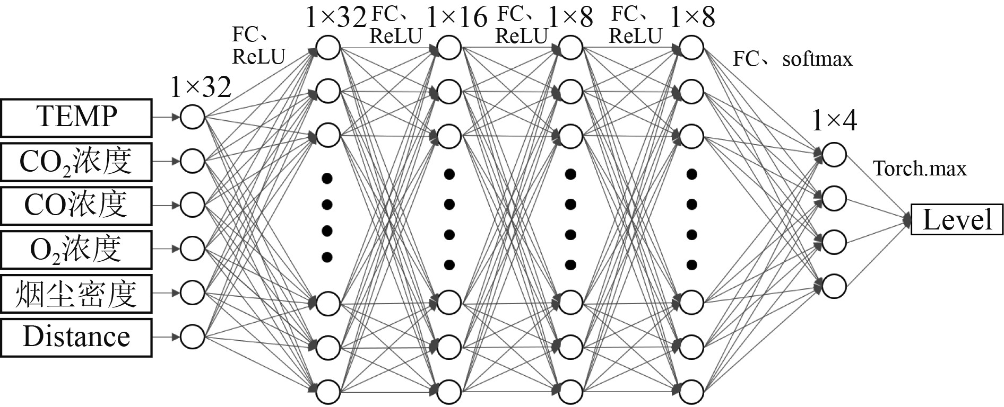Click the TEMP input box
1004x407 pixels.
click(76, 117)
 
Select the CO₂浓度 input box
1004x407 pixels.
click(76, 161)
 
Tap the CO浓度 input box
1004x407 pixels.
click(76, 205)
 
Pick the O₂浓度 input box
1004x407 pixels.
click(76, 249)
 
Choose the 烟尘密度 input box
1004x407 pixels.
click(76, 293)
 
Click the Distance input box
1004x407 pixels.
click(76, 337)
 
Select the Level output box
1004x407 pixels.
click(957, 219)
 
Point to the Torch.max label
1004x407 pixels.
click(920, 169)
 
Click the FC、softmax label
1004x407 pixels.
click(792, 59)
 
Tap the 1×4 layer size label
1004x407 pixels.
click(834, 121)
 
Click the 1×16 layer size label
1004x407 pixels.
click(456, 17)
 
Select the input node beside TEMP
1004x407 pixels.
click(192, 117)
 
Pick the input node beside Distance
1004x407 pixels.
click(192, 336)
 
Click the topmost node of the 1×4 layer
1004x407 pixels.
click(834, 155)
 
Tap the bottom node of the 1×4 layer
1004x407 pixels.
click(834, 286)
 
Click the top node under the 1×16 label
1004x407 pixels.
click(449, 48)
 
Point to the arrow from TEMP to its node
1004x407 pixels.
click(166, 117)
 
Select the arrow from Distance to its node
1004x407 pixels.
click(166, 336)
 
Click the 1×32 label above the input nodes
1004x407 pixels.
click(201, 87)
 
